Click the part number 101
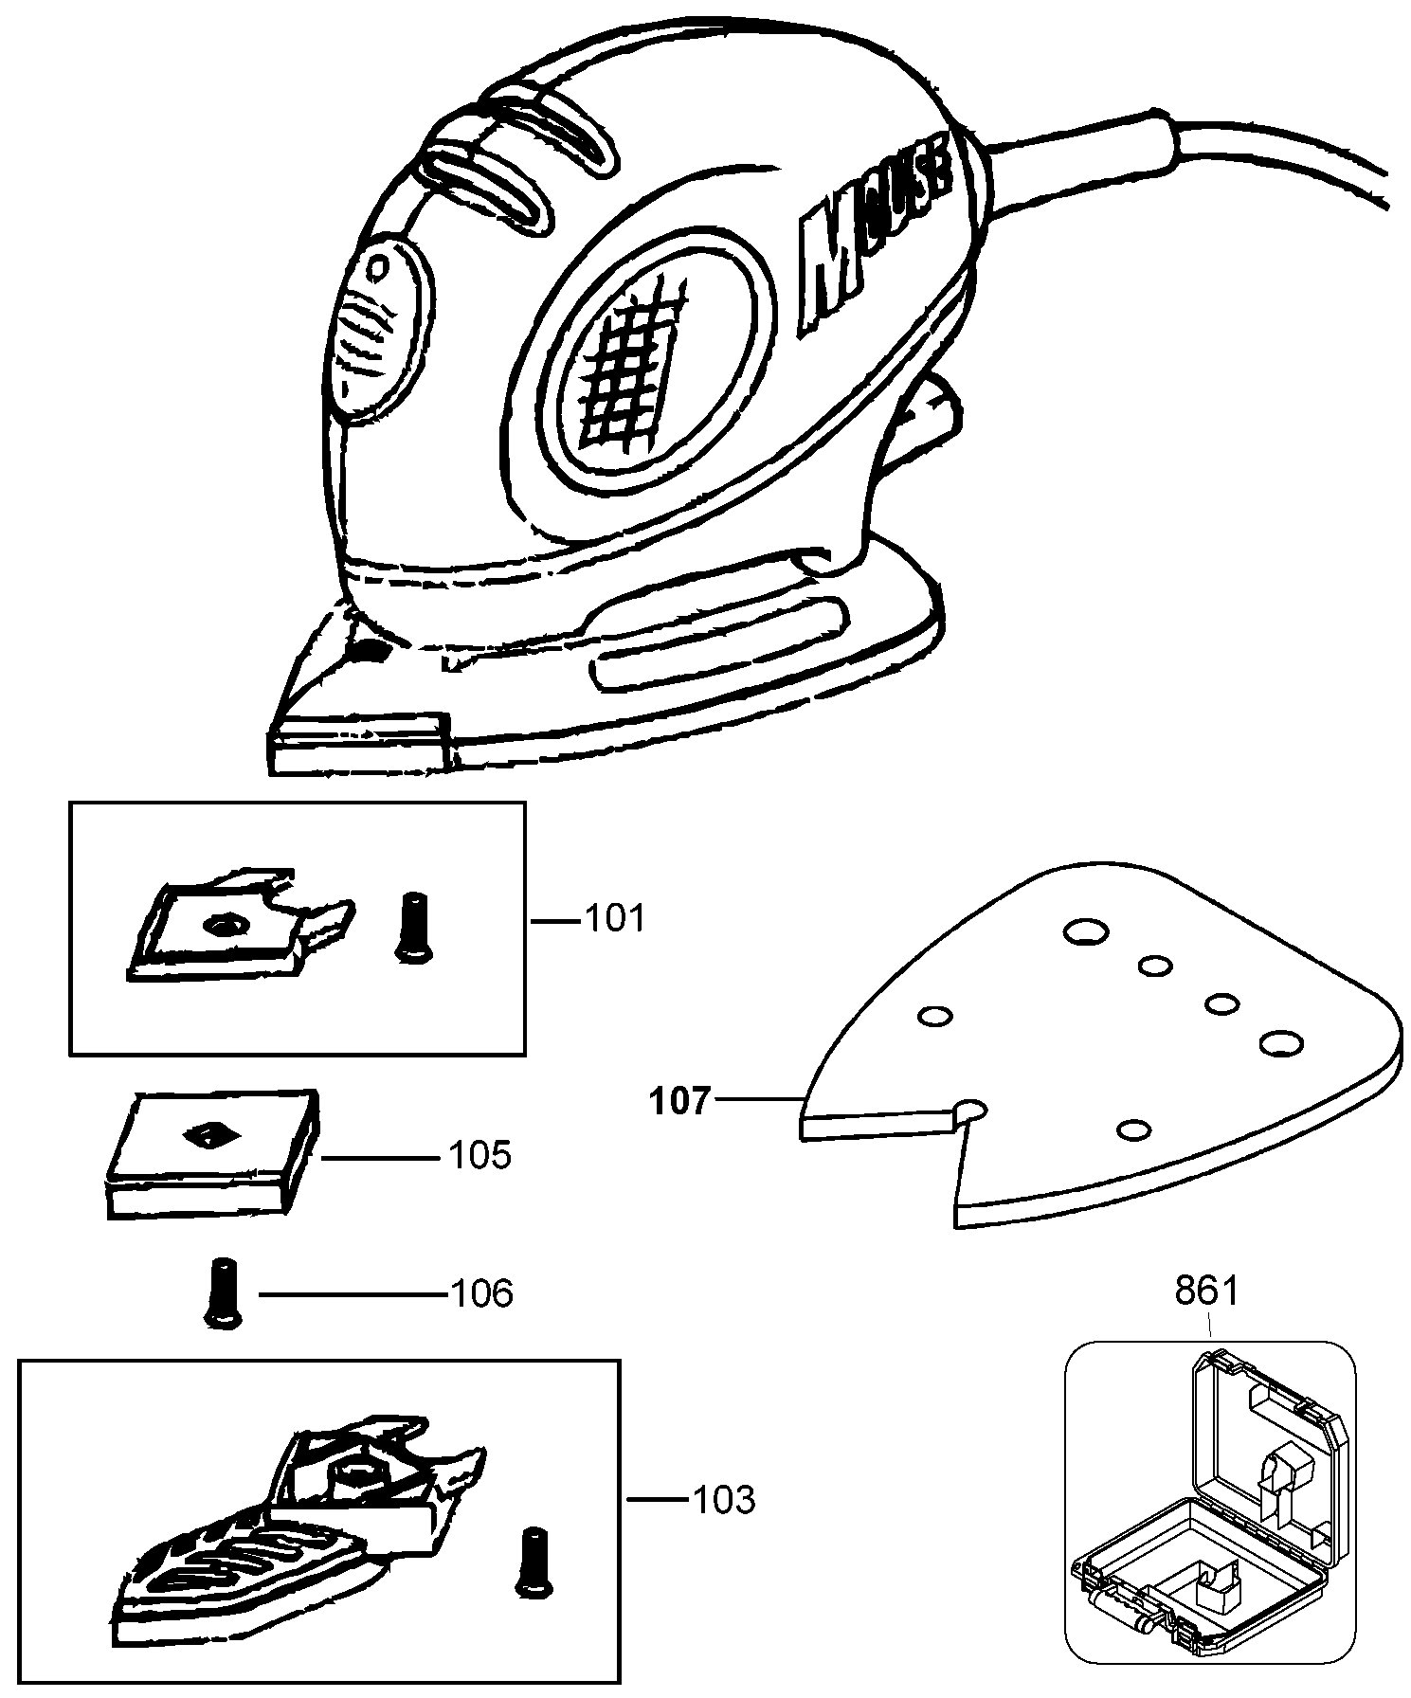point(613,918)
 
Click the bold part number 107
point(678,1102)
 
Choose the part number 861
point(1206,1291)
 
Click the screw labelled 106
point(221,1292)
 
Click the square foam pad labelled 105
point(210,1153)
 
